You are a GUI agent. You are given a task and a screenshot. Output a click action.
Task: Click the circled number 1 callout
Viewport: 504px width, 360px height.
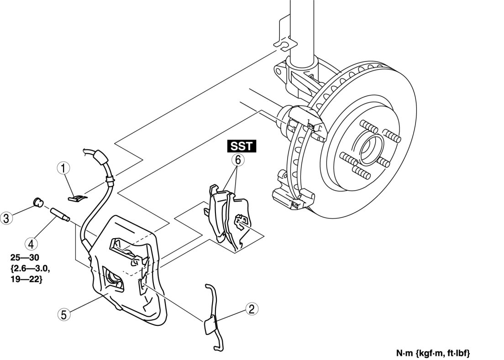pos(63,168)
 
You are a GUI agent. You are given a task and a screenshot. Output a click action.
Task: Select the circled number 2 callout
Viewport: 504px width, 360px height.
pos(250,309)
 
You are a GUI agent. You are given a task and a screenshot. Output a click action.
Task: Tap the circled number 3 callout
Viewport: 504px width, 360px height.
pos(7,219)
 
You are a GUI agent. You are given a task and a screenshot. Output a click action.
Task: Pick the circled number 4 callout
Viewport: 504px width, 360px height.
pos(31,243)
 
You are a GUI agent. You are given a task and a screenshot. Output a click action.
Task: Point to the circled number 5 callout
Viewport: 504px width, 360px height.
pos(63,314)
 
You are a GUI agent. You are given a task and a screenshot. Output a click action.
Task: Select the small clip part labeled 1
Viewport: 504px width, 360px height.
pos(79,198)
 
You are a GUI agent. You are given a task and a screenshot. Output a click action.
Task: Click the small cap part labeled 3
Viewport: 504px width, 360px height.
pos(38,202)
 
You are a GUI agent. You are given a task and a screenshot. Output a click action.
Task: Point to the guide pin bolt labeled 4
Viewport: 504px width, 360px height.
pos(59,214)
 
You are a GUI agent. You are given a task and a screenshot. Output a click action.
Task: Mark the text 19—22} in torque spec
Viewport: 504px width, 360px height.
pos(26,279)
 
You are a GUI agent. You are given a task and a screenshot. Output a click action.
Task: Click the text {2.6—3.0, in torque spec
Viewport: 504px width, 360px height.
pos(29,269)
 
